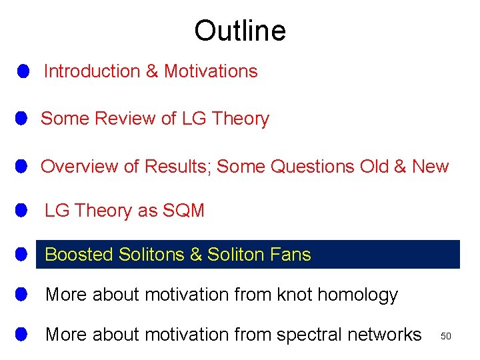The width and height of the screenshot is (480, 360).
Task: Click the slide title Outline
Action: [x=240, y=31]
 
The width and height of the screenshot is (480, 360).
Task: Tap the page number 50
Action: [x=446, y=337]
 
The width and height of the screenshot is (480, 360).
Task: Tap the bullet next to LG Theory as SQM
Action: [x=22, y=211]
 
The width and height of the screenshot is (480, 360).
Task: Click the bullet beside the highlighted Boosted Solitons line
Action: [x=22, y=255]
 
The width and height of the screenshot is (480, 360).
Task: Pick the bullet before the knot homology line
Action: [x=22, y=294]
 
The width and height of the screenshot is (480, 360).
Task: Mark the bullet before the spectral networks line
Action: [x=22, y=334]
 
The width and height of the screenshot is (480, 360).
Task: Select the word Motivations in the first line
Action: [x=211, y=71]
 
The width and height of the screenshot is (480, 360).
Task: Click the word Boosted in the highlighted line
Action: [x=79, y=255]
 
